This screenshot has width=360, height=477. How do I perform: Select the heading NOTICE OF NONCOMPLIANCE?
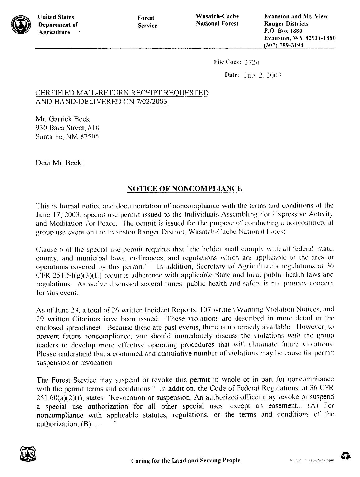click(185, 188)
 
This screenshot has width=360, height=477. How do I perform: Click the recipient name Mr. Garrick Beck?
click(63, 119)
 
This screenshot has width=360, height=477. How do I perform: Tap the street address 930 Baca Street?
click(60, 128)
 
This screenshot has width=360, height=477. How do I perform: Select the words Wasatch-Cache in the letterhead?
click(217, 16)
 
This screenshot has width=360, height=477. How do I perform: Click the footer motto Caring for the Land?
click(186, 460)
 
